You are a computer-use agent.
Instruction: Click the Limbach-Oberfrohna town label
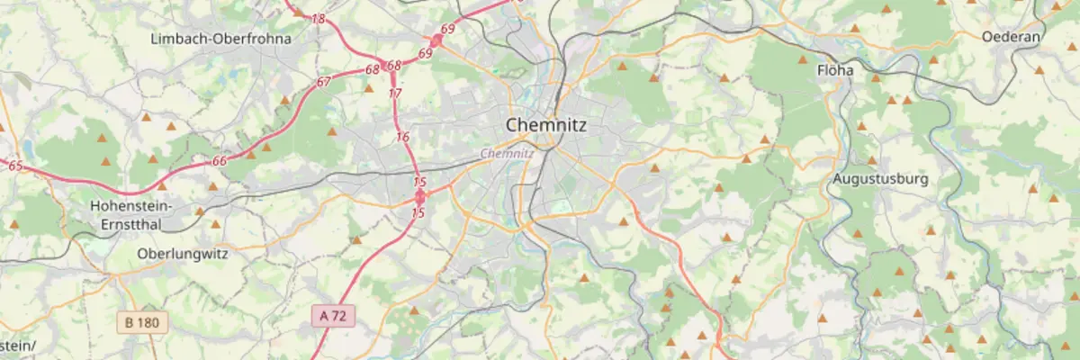[x=220, y=39]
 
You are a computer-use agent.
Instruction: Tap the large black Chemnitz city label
[x=546, y=125]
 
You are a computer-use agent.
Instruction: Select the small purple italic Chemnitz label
[x=508, y=153]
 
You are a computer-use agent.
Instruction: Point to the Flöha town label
[x=834, y=69]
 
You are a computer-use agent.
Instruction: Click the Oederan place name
[x=1012, y=37]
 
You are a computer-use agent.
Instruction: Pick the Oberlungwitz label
[x=183, y=254]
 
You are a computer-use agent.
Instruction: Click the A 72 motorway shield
[x=335, y=315]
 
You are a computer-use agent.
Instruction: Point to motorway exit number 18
[x=319, y=19]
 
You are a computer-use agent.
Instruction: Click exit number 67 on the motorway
[x=324, y=82]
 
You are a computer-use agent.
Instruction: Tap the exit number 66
[x=220, y=160]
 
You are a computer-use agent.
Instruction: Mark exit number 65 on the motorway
[x=15, y=166]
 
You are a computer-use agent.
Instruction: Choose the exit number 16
[x=402, y=137]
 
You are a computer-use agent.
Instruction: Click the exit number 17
[x=395, y=93]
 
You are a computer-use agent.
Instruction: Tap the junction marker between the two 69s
[x=436, y=40]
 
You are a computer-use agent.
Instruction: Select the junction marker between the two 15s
[x=419, y=193]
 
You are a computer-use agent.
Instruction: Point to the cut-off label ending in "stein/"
[x=18, y=346]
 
